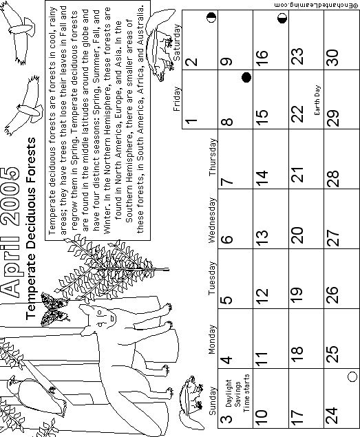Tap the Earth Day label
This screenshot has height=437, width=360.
pos(317,100)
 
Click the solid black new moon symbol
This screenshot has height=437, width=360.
pos(246,78)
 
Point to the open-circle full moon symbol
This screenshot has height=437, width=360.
pos(352,377)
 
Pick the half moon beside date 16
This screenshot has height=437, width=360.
pos(282,19)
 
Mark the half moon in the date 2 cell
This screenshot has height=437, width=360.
pos(211,18)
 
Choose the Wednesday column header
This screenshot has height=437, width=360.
pos(212,220)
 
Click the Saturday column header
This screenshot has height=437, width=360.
pos(177,43)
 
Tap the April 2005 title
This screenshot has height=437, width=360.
pos(10,232)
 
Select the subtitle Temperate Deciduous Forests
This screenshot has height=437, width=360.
pos(30,228)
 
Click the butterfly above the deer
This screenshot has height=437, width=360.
pos(54,310)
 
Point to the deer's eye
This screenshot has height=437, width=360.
pos(99,313)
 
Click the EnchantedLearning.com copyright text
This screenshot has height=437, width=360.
pos(316,5)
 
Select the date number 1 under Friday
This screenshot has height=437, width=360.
pos(191,121)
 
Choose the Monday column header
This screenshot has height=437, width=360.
pos(212,339)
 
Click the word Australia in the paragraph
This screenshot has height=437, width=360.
pos(141,23)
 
